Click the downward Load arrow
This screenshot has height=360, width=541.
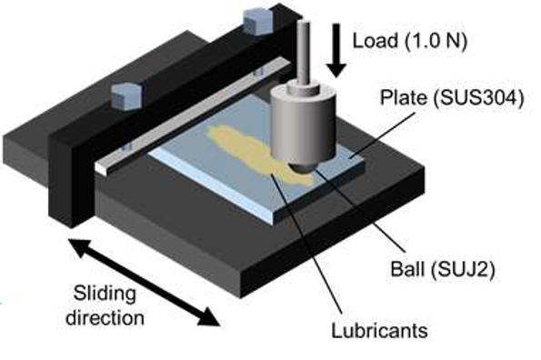[x=336, y=50]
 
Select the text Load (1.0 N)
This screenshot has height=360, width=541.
[x=410, y=42]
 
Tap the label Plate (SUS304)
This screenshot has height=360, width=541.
[x=452, y=97]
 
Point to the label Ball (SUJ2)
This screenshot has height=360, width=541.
[x=443, y=268]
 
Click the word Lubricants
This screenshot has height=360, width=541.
[x=379, y=330]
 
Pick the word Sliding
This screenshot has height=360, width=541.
[x=105, y=294]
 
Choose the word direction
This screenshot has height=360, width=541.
[x=105, y=317]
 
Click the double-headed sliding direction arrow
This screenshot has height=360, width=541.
[x=144, y=282]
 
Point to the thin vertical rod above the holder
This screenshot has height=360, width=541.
[x=304, y=52]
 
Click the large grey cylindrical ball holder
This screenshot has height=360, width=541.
[x=304, y=125]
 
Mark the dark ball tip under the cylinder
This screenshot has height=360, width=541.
[x=304, y=167]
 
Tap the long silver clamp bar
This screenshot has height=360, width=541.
[x=193, y=115]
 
